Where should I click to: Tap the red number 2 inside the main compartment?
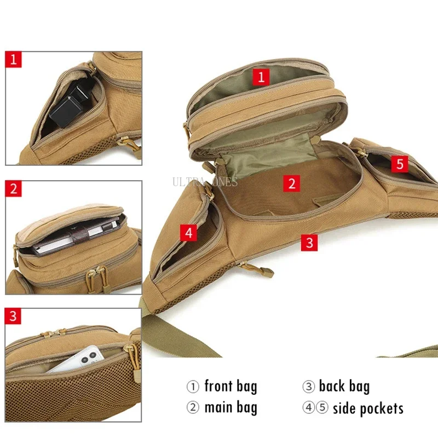tap(292, 183)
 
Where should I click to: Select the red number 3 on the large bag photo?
tap(310, 242)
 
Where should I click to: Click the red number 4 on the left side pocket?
tap(189, 232)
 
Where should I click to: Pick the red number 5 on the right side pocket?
tap(400, 163)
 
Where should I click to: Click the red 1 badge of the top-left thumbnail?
tap(14, 59)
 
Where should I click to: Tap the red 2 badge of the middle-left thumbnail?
tap(14, 189)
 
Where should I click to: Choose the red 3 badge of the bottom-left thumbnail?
tap(14, 316)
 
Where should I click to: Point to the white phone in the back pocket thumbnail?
tap(77, 359)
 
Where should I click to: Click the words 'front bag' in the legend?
tap(230, 386)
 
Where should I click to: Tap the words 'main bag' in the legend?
tap(230, 408)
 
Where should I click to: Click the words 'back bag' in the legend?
tap(344, 386)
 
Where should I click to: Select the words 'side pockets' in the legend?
tap(368, 408)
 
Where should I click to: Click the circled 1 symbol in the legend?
tap(193, 387)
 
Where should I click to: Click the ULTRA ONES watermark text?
tap(205, 182)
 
